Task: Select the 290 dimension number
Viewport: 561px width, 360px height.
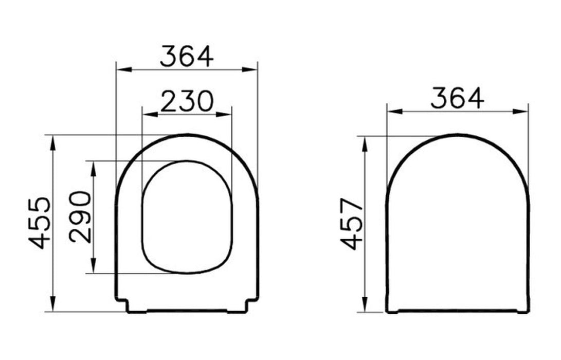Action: coord(81,217)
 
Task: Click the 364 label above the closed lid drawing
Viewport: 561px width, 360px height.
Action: coord(457,98)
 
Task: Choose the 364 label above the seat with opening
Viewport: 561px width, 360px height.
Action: coord(187,56)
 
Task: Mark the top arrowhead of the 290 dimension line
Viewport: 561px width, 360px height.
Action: coord(93,166)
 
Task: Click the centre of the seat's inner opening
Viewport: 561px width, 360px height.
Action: coord(187,217)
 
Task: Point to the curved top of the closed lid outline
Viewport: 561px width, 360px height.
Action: coord(458,136)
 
